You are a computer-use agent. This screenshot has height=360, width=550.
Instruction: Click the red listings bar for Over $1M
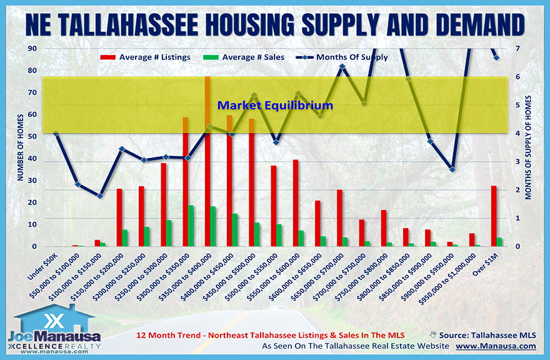click(x=494, y=216)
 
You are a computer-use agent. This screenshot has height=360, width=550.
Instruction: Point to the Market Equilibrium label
click(x=275, y=106)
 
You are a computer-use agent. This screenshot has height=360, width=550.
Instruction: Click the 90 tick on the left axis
click(x=31, y=49)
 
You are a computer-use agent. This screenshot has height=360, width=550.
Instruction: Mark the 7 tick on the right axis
click(x=518, y=49)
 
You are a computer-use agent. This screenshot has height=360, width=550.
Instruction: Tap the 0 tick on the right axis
click(x=518, y=246)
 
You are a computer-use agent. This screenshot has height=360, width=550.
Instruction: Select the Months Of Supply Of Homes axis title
click(x=529, y=147)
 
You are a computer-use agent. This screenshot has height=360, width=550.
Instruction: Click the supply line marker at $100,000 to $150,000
click(x=99, y=196)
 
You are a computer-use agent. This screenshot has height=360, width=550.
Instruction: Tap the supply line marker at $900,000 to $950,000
click(x=452, y=169)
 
